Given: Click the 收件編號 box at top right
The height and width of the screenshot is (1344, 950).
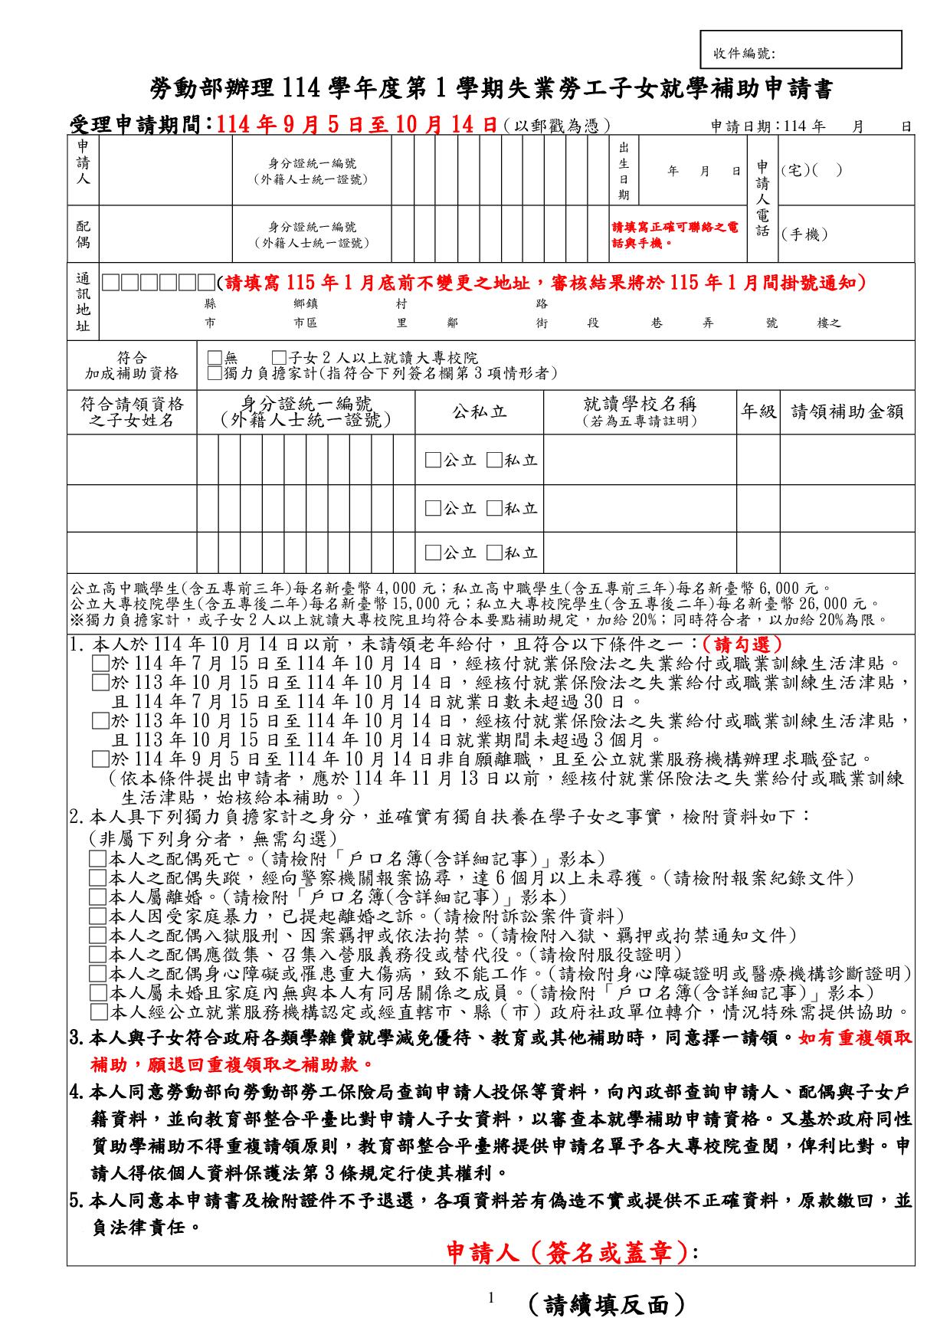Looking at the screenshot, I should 801,51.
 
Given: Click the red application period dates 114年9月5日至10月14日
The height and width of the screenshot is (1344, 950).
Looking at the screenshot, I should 358,125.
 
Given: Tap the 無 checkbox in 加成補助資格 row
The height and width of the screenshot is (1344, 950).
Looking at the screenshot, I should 215,358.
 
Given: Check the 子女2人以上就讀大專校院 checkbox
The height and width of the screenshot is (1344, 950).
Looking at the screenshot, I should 279,358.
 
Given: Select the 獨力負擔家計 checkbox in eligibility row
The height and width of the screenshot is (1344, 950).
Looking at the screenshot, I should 215,373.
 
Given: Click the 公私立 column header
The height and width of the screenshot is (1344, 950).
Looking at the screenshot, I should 480,412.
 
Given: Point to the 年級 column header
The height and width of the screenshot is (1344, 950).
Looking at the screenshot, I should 758,412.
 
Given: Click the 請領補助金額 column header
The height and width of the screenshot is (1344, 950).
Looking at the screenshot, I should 847,412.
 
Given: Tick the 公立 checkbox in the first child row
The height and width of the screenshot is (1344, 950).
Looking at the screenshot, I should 433,460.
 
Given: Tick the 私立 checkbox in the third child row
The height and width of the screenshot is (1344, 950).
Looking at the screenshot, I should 494,552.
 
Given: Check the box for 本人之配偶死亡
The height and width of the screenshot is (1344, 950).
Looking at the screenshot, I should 98,858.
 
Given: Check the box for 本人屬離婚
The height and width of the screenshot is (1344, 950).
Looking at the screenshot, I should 98,897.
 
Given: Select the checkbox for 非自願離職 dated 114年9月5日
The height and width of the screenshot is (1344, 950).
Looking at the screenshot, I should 100,759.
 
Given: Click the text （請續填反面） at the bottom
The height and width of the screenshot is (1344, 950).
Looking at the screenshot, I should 605,1304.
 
